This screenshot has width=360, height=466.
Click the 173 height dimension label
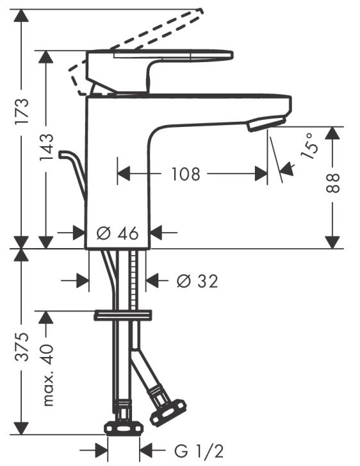(22, 110)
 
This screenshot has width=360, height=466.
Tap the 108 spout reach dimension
(186, 174)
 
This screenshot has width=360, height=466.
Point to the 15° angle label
(309, 146)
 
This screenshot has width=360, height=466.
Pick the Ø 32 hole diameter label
(197, 281)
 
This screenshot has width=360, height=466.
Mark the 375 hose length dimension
(22, 347)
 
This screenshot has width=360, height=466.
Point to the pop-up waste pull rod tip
(62, 154)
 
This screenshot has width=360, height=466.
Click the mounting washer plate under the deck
(122, 315)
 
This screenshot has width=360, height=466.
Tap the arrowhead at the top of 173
(22, 17)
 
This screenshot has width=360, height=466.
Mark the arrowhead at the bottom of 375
(22, 431)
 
